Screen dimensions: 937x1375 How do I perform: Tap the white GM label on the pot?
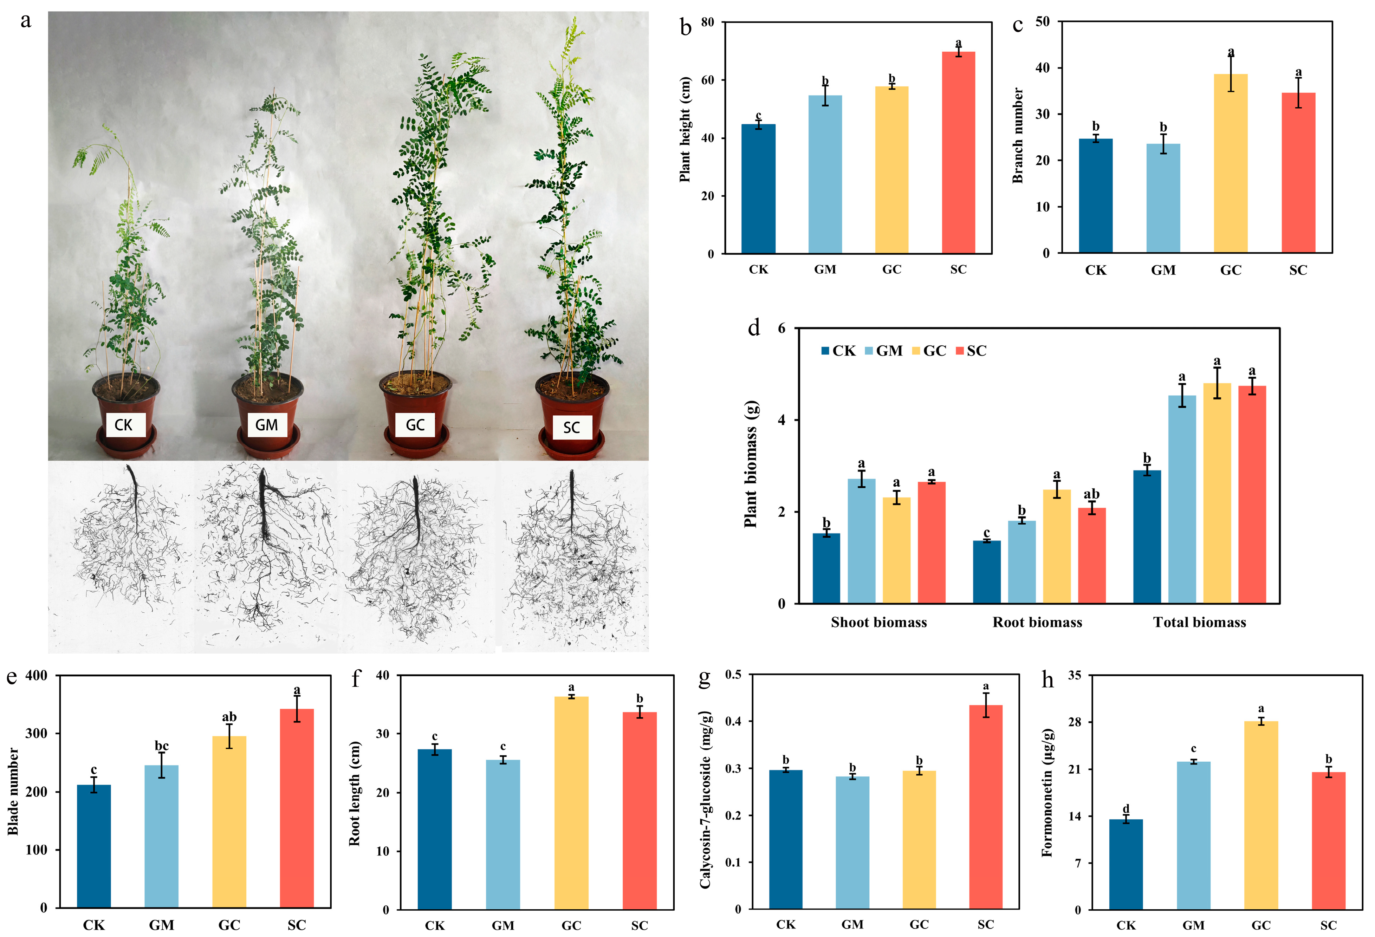266,425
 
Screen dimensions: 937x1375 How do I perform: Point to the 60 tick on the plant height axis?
708,80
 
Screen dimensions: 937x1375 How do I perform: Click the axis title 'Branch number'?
1018,136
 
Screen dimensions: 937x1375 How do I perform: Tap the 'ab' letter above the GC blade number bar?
229,717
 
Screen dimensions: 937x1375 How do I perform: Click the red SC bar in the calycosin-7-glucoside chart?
986,807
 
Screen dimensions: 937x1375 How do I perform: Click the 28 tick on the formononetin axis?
1075,722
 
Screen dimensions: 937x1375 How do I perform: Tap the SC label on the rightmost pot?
571,427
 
